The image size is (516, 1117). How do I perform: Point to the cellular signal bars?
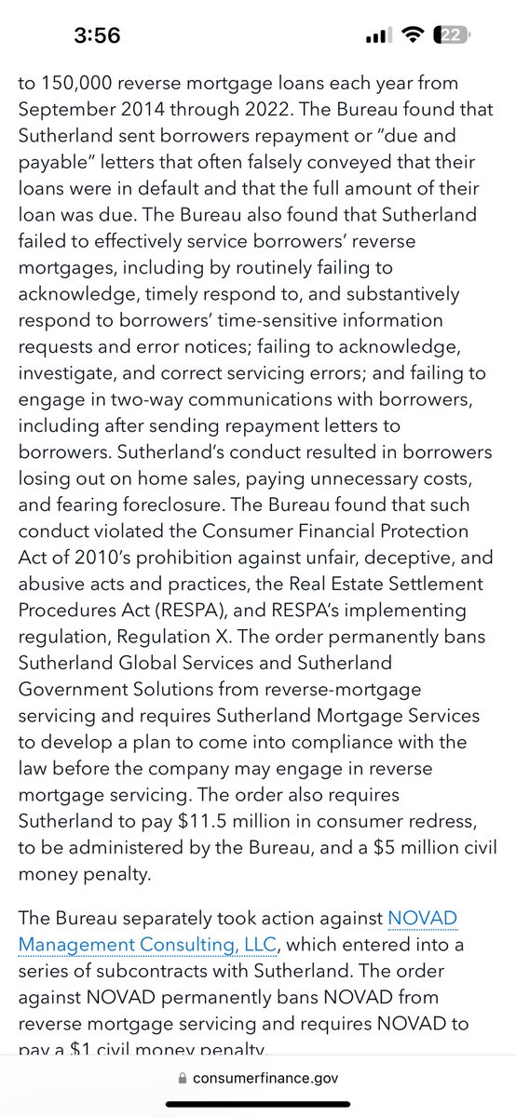pyautogui.click(x=376, y=35)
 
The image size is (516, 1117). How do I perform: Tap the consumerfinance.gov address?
pyautogui.click(x=265, y=1078)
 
